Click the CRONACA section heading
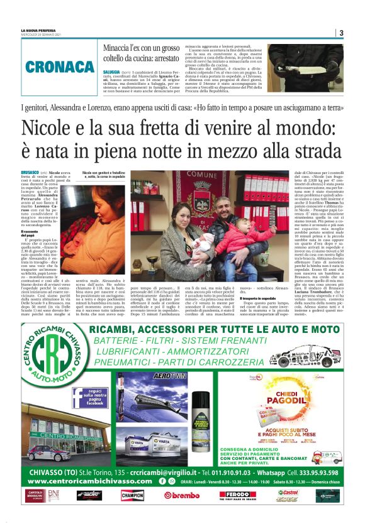tap(59, 67)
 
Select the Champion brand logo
tap(132, 494)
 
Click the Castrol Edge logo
tap(288, 494)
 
